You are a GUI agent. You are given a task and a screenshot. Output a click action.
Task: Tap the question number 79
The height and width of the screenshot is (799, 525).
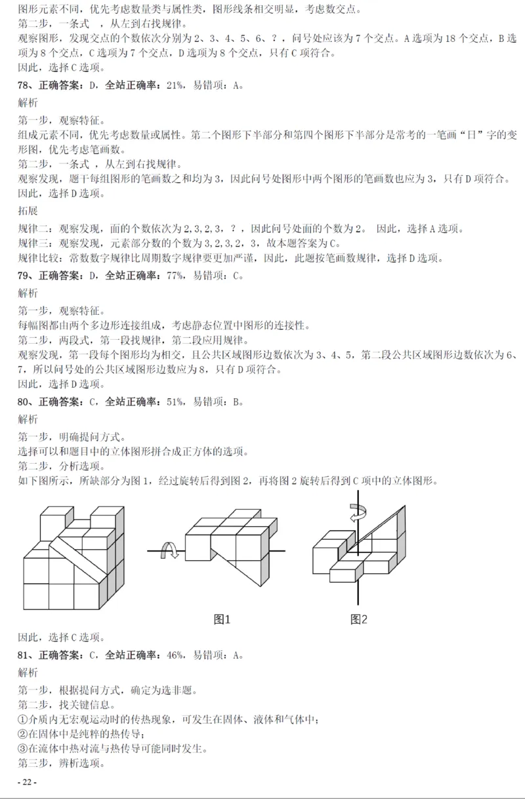click(x=24, y=276)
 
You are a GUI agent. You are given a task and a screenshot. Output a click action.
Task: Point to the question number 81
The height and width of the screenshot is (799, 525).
click(x=24, y=655)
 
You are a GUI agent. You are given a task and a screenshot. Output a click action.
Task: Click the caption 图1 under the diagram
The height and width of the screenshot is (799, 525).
click(x=223, y=619)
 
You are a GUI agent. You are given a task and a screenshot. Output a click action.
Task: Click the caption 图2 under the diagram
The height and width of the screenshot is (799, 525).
click(x=358, y=619)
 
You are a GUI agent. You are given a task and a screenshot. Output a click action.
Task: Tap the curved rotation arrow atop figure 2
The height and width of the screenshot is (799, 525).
click(x=358, y=512)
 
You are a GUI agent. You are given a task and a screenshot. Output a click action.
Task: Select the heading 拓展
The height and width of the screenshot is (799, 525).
click(x=28, y=212)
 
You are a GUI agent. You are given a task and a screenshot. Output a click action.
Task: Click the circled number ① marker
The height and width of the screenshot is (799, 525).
click(x=23, y=720)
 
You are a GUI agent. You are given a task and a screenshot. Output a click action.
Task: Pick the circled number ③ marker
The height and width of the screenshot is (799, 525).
click(x=23, y=748)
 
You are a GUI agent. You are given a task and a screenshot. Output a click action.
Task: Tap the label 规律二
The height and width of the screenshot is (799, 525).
click(x=34, y=228)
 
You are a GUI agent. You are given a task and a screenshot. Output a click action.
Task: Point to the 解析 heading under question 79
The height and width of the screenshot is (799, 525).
click(x=28, y=293)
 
